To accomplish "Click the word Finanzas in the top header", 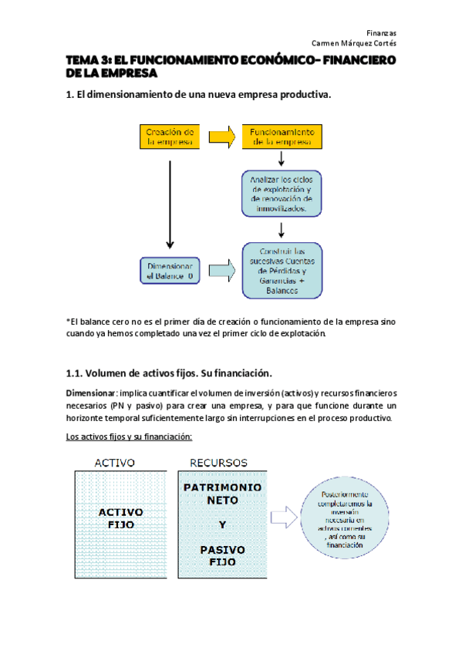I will [x=381, y=33].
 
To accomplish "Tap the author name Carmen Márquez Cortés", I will [x=353, y=44].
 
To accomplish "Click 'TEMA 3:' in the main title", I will [x=89, y=60].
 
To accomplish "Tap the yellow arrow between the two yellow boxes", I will [x=221, y=137].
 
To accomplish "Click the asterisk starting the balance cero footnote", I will [x=69, y=321].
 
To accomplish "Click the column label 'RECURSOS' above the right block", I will [x=218, y=463].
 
